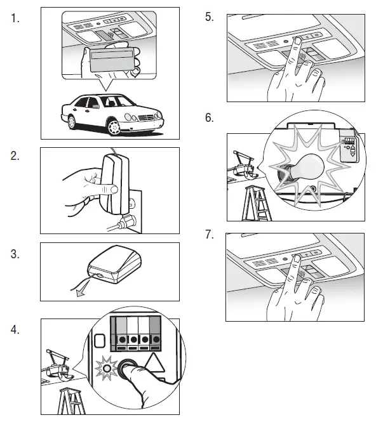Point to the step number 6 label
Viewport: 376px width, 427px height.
[210, 118]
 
